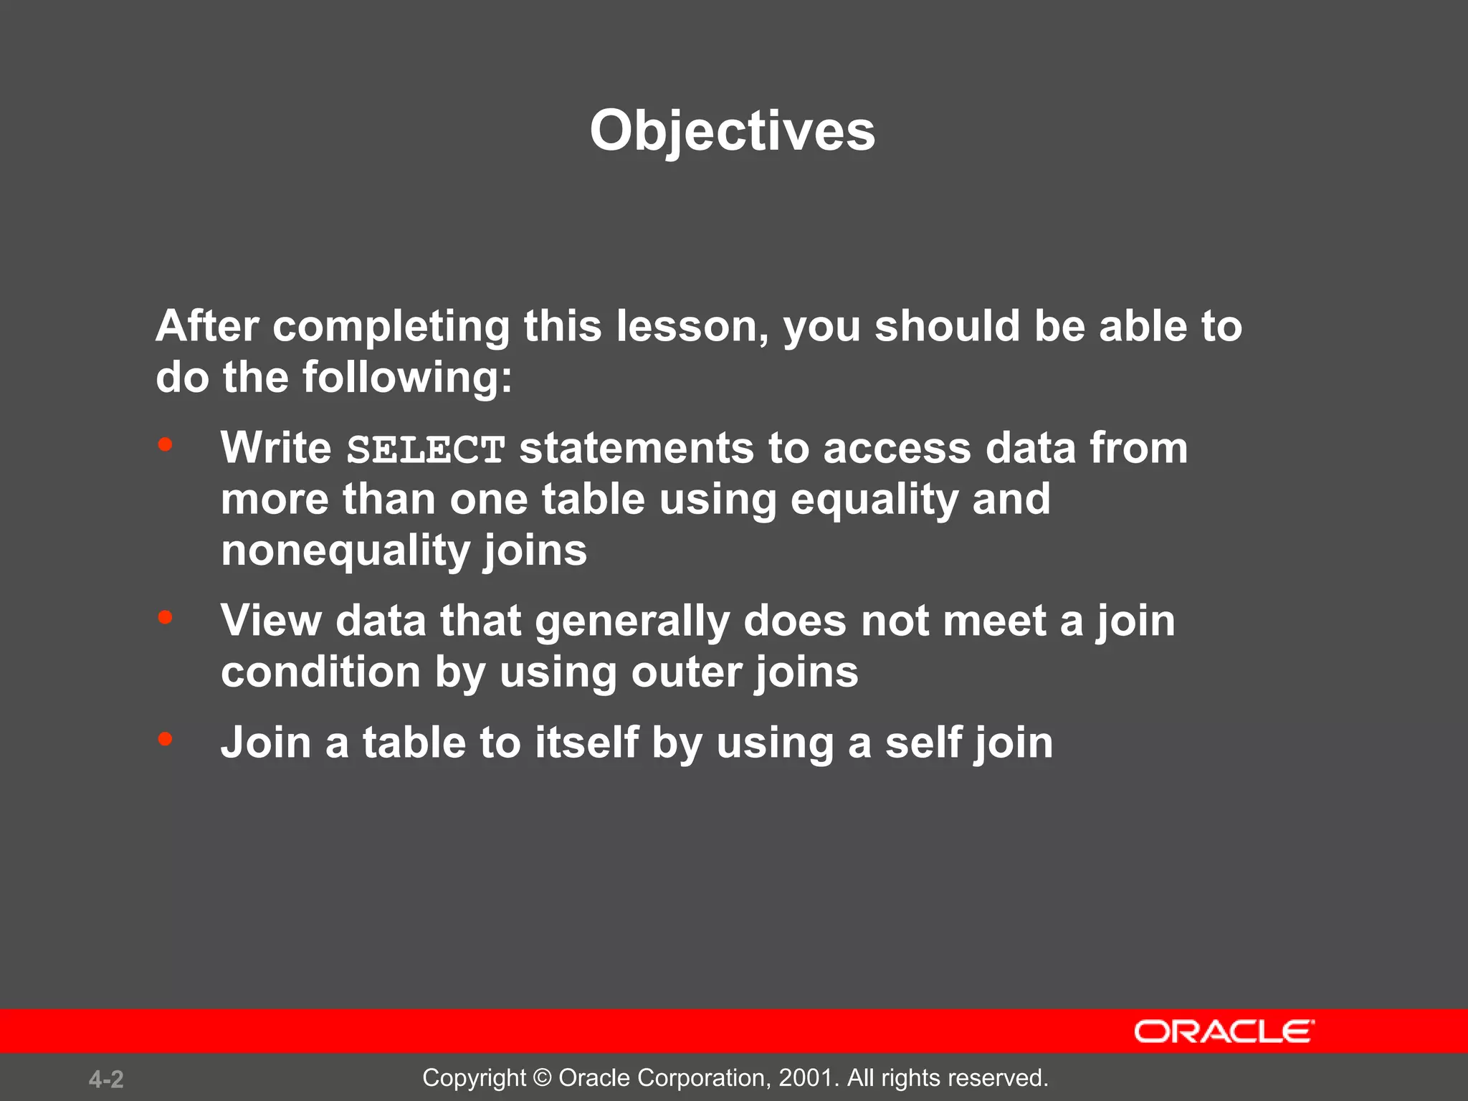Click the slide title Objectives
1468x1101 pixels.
click(732, 132)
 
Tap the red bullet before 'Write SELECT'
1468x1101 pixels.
click(166, 445)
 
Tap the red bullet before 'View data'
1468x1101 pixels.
click(166, 617)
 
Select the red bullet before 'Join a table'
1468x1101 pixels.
click(166, 739)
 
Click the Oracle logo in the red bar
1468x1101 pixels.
click(1224, 1031)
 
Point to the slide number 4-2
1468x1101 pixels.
click(106, 1079)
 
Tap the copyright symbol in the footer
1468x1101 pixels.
click(543, 1077)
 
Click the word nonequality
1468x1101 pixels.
click(345, 551)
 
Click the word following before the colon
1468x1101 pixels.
click(400, 378)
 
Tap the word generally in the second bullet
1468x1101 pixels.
click(631, 621)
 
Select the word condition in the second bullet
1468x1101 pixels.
click(320, 672)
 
